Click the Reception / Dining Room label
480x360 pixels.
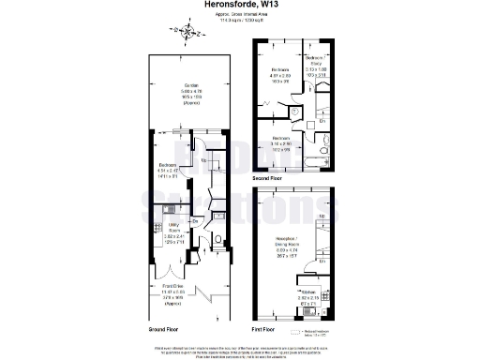click(x=285, y=252)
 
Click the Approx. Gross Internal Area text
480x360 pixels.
click(x=239, y=16)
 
